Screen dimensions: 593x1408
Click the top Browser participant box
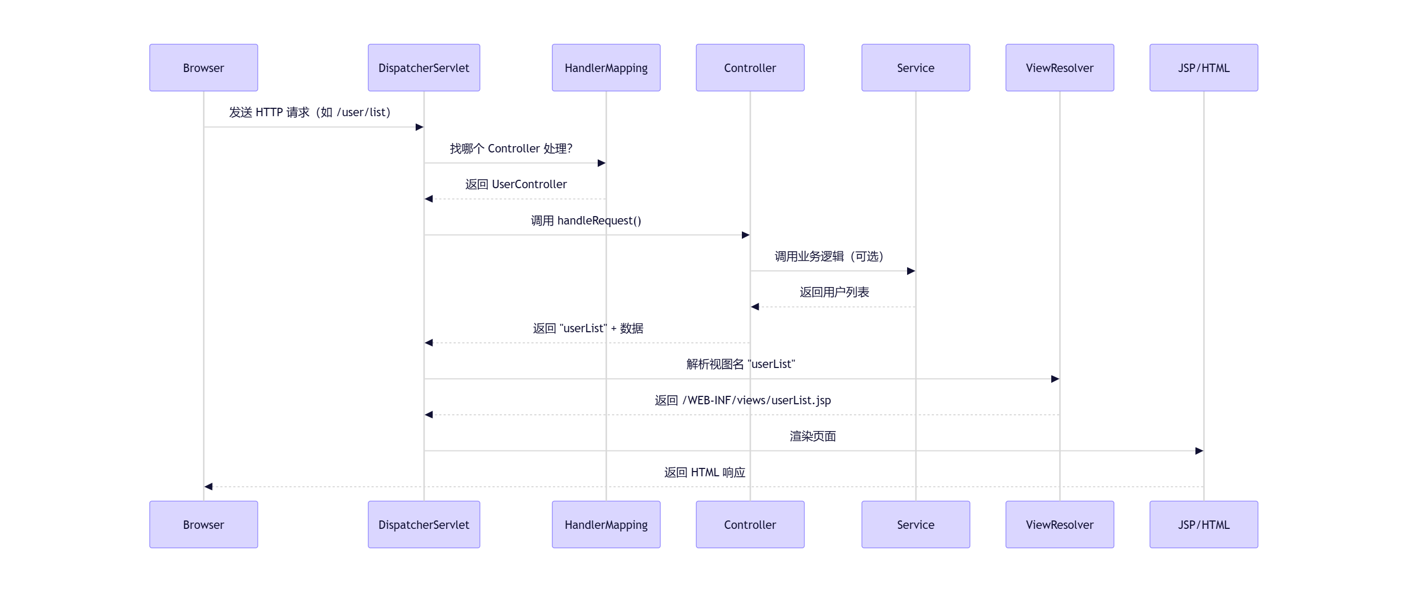(x=203, y=68)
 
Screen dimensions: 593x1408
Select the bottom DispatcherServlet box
(x=424, y=524)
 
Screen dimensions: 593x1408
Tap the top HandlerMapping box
(x=606, y=68)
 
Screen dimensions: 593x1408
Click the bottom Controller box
(x=749, y=524)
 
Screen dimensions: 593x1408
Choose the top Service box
(x=915, y=68)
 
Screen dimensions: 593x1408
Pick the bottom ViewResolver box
(x=1059, y=524)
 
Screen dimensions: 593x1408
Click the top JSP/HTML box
(x=1203, y=68)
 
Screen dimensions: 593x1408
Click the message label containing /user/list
(x=310, y=112)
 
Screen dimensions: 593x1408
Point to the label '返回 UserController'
(x=516, y=184)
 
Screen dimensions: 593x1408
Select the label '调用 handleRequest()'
(x=586, y=220)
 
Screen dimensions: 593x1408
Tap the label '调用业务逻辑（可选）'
(x=829, y=256)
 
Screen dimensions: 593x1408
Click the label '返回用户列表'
(x=833, y=292)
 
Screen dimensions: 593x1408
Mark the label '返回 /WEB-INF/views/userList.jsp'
(x=742, y=400)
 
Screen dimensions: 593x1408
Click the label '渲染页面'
(x=812, y=436)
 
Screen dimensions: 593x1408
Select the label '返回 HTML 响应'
(x=704, y=472)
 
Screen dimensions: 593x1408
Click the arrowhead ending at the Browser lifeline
(x=208, y=486)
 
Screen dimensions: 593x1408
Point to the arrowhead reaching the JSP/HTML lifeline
(x=1199, y=451)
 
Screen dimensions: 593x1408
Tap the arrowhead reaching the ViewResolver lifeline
(x=1055, y=379)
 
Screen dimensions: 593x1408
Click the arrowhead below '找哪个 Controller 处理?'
(x=601, y=163)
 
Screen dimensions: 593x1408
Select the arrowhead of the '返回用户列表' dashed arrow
(x=755, y=306)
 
